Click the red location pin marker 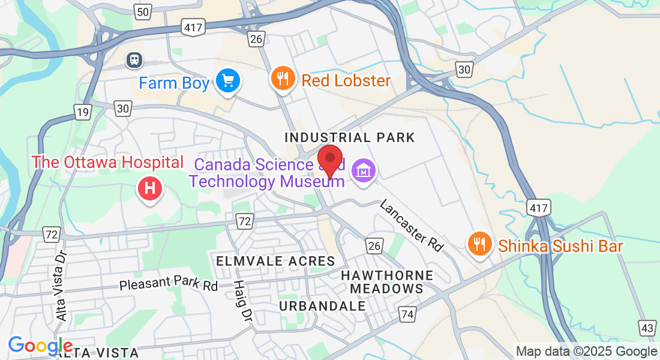coord(329,160)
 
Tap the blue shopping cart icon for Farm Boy coord(228,80)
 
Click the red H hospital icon coord(150,188)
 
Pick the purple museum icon coord(364,171)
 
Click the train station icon coord(134,59)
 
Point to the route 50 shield coord(143,11)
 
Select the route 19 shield coord(82,110)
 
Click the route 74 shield coord(408,314)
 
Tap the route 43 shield coord(647,328)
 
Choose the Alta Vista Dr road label coord(61,285)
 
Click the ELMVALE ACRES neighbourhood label coord(275,261)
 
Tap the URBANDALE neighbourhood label coord(322,305)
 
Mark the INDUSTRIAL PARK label coord(350,137)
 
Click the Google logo coord(40,346)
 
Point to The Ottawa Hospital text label coord(107,162)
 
